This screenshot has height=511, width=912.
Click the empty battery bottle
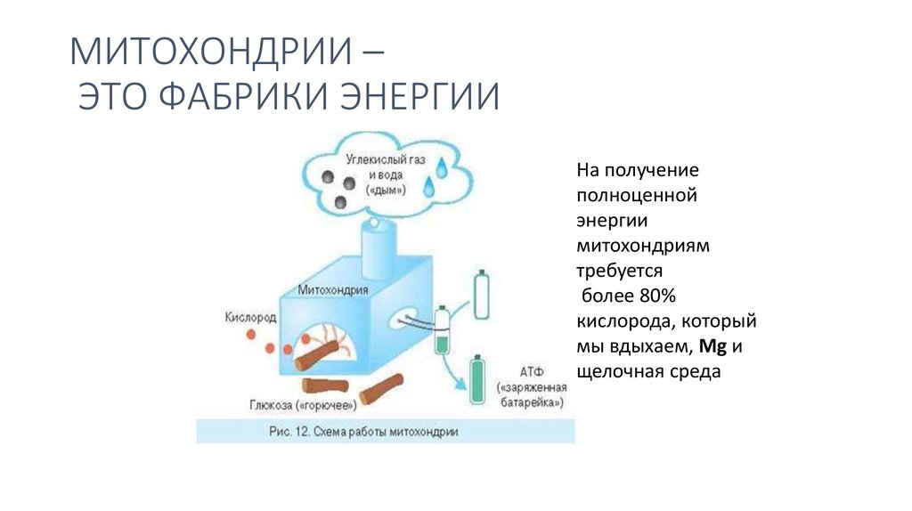point(481,295)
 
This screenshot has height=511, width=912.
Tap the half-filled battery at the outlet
point(442,329)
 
